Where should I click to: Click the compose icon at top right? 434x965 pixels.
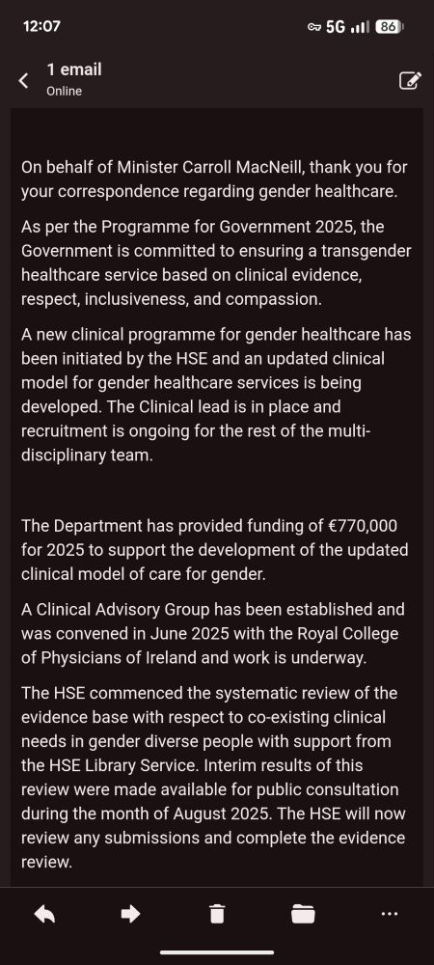409,80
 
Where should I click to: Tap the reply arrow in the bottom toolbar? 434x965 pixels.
44,913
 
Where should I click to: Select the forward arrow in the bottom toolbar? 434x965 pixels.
130,913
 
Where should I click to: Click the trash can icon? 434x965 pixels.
217,913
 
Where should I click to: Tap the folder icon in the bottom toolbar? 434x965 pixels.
303,913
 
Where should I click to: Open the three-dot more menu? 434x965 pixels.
389,913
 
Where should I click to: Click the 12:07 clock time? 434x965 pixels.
41,26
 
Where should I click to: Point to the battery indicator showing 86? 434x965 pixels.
387,26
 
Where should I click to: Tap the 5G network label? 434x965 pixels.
336,26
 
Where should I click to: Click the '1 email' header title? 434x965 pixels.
73,69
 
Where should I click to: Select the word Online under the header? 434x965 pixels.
64,91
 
